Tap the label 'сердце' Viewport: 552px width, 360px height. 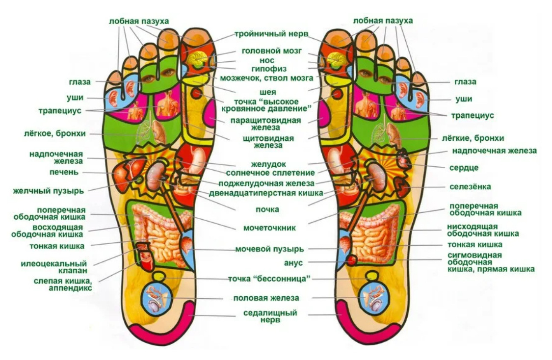pyautogui.click(x=464, y=168)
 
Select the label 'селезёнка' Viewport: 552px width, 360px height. pyautogui.click(x=470, y=187)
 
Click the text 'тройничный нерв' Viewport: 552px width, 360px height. pyautogui.click(x=271, y=35)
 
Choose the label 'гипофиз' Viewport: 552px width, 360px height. pyautogui.click(x=270, y=69)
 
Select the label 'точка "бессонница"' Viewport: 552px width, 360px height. pyautogui.click(x=270, y=279)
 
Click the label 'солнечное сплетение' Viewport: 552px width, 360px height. pyautogui.click(x=270, y=173)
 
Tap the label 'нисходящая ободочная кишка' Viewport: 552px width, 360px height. pyautogui.click(x=479, y=230)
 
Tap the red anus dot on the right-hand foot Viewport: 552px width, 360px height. pyautogui.click(x=351, y=260)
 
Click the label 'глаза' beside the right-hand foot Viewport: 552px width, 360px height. pyautogui.click(x=465, y=82)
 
